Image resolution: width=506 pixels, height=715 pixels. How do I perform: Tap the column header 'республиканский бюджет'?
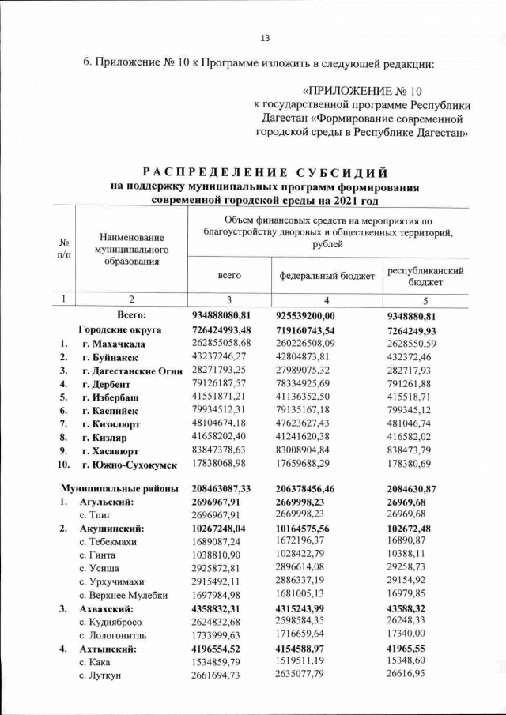(x=425, y=275)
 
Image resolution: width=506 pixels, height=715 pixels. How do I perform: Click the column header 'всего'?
(x=229, y=275)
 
